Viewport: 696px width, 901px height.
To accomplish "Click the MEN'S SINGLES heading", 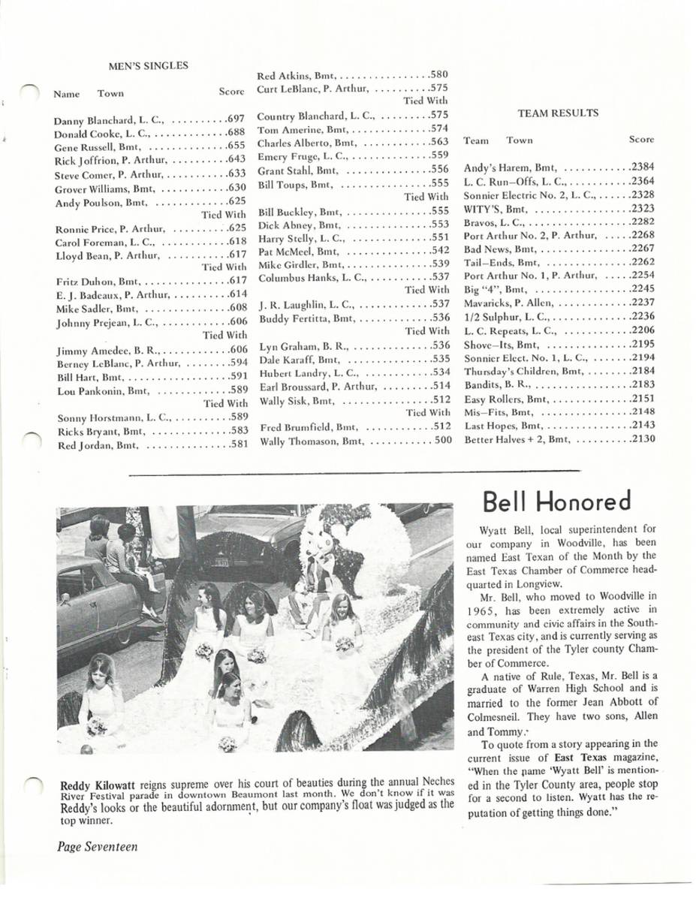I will [x=148, y=65].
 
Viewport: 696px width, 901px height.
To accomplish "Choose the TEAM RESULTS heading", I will [x=558, y=113].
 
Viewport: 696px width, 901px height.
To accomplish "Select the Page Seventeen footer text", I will [x=98, y=847].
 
